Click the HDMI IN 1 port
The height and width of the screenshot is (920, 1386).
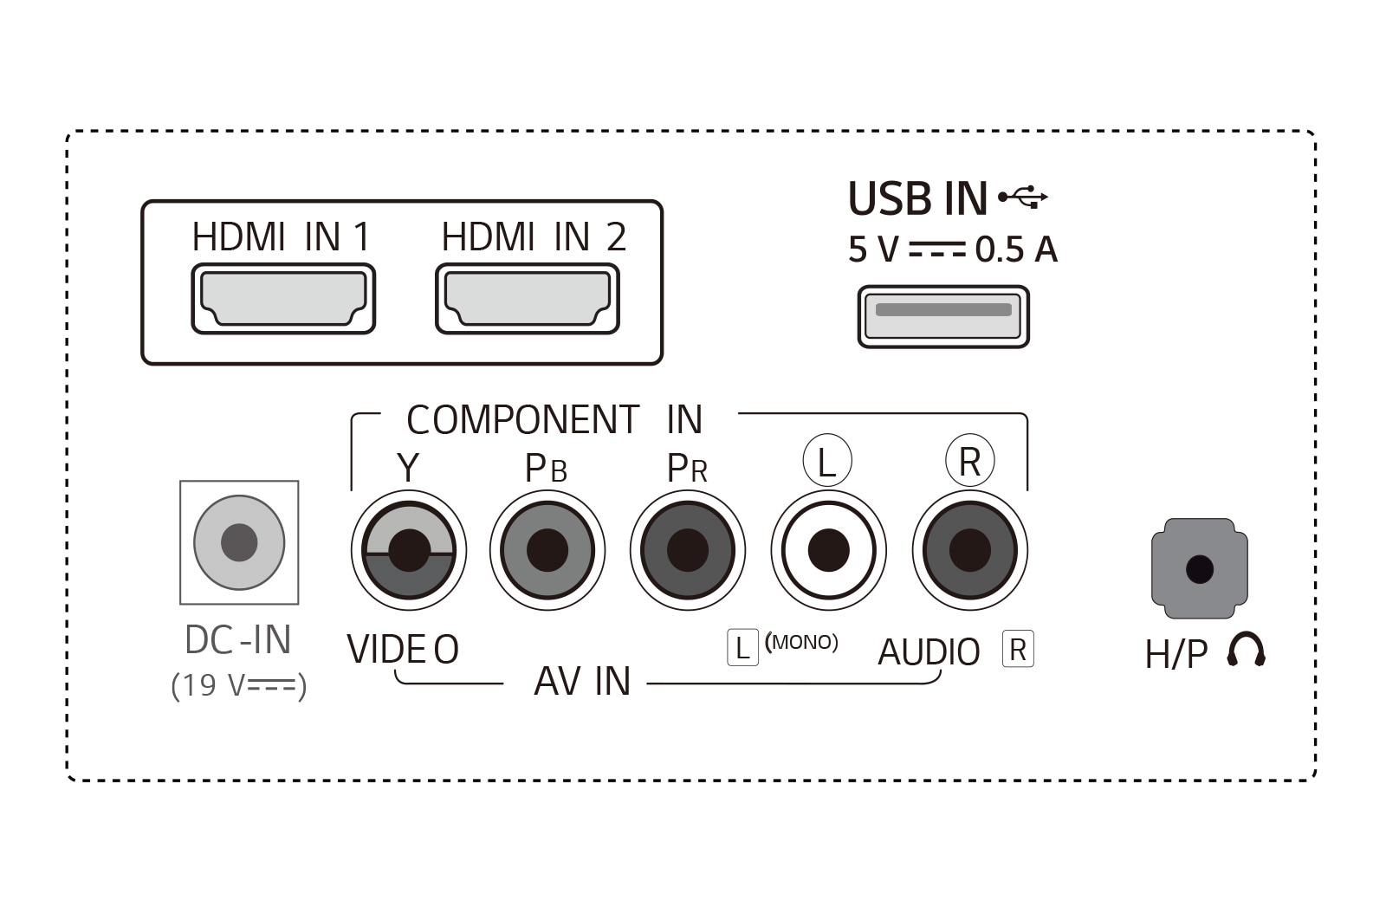click(x=283, y=298)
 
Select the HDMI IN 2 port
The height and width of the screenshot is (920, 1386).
click(x=528, y=298)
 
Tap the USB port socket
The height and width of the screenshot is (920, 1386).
click(x=943, y=316)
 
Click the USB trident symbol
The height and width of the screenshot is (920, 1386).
click(x=1023, y=198)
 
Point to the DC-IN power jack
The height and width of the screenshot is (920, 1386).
click(x=239, y=542)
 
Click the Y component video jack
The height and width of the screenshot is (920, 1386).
click(x=409, y=550)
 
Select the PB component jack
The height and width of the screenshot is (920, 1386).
click(x=547, y=550)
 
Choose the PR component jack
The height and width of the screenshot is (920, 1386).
click(x=688, y=550)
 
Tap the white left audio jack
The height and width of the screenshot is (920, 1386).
click(x=828, y=550)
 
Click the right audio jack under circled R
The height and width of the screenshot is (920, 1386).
click(x=969, y=550)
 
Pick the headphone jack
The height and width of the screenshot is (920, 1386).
click(x=1199, y=568)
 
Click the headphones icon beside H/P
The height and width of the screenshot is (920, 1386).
click(x=1246, y=648)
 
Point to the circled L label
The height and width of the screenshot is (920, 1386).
click(x=827, y=461)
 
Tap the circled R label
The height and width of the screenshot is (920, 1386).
click(x=969, y=461)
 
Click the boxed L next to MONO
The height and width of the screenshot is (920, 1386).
click(x=742, y=647)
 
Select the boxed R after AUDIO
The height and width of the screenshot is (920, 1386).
click(x=1018, y=649)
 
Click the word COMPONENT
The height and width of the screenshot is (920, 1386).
click(x=523, y=419)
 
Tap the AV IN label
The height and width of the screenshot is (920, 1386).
click(x=582, y=681)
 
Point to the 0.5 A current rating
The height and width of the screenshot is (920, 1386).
click(x=1017, y=249)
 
